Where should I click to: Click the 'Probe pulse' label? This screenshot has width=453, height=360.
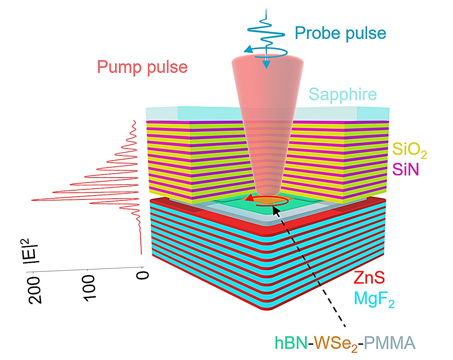(340, 33)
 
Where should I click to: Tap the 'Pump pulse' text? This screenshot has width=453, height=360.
(142, 67)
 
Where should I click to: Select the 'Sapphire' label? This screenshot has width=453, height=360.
(343, 94)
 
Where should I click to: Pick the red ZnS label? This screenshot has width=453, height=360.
(369, 278)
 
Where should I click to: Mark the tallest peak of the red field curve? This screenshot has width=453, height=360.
(33, 201)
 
